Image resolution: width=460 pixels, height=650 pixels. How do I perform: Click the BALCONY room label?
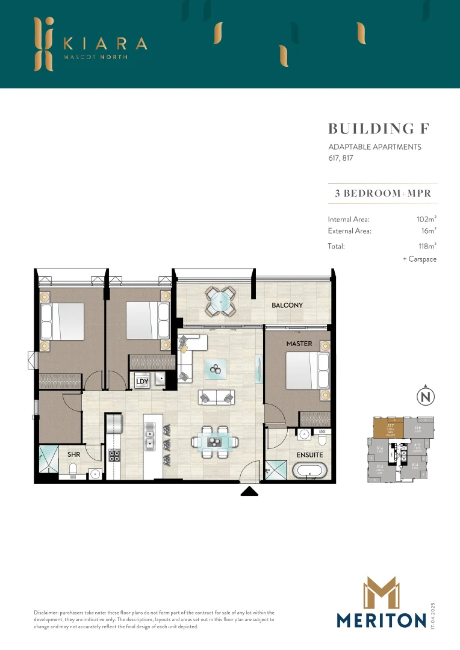(287, 305)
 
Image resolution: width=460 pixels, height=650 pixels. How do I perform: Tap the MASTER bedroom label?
(299, 344)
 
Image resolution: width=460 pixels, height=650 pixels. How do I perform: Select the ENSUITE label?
(309, 455)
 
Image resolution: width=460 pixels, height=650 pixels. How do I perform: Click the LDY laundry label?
(142, 382)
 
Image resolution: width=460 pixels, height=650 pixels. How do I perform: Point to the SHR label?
(73, 455)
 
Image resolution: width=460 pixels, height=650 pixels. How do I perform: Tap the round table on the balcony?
(221, 301)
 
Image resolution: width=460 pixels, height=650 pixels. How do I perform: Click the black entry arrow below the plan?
(249, 492)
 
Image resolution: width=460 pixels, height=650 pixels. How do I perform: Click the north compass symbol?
(426, 397)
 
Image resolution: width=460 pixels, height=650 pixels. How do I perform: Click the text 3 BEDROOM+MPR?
(383, 194)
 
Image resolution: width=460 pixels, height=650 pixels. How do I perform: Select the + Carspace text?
(419, 259)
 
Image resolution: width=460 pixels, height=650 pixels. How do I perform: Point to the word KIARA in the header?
(104, 43)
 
